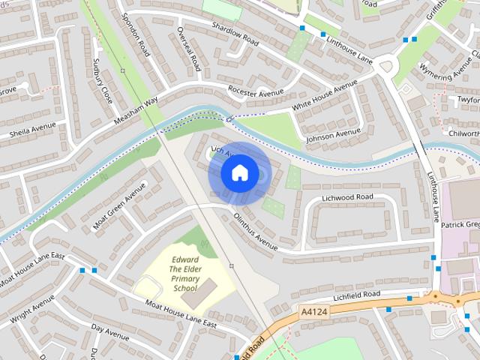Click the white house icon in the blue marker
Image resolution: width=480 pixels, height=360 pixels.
pos(239,173)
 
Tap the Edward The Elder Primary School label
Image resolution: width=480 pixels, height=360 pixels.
pos(184,274)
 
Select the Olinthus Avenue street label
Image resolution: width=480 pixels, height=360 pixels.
pos(255,230)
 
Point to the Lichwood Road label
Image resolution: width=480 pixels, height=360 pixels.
pos(347,196)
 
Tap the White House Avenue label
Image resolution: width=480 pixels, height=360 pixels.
pos(325,97)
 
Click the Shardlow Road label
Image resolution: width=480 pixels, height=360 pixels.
pos(235,33)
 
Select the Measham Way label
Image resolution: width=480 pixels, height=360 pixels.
pos(136,110)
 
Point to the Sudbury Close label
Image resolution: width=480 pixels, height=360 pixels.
pos(102,80)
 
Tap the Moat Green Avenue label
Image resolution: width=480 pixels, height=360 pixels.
pos(118,208)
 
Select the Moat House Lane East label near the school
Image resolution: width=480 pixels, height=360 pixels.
pos(181,313)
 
